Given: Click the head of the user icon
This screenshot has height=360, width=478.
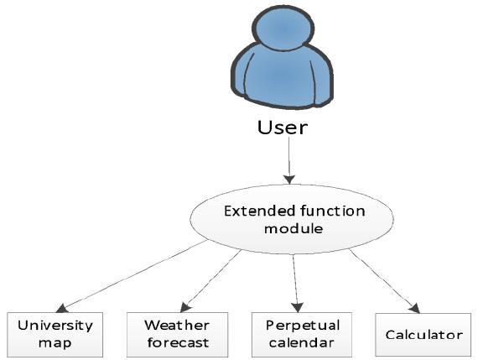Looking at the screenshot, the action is (x=283, y=29).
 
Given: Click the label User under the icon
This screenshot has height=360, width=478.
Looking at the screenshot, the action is (x=283, y=128).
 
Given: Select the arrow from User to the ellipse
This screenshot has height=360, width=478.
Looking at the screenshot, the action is (x=289, y=160).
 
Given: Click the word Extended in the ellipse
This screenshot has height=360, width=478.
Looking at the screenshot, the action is (x=260, y=211).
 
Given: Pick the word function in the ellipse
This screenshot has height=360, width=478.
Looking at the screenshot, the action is (x=333, y=211).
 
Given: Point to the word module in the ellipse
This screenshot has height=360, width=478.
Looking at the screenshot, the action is (x=294, y=228).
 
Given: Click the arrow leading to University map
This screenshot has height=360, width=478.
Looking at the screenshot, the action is (x=132, y=276).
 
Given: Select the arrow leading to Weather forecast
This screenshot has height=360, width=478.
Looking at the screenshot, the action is (x=210, y=280).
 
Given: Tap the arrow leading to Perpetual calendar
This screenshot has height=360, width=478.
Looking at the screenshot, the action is (x=296, y=283).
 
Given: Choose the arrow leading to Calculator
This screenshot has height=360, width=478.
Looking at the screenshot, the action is (x=385, y=281).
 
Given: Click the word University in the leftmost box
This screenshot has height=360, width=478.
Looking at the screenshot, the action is (x=55, y=326).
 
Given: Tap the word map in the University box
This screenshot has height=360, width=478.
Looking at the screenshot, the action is (x=55, y=343).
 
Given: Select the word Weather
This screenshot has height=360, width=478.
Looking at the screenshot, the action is (x=177, y=326).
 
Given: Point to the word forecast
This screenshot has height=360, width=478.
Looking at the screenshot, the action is (x=178, y=342).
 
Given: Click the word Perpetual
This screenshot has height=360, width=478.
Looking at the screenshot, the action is (x=303, y=326).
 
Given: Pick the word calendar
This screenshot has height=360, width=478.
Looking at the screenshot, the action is (x=302, y=342).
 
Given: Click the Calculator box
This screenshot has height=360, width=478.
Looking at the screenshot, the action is (x=423, y=335).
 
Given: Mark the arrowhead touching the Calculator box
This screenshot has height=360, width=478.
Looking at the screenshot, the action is (x=414, y=308).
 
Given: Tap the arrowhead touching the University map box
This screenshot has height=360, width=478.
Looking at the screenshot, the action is (x=62, y=309).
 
